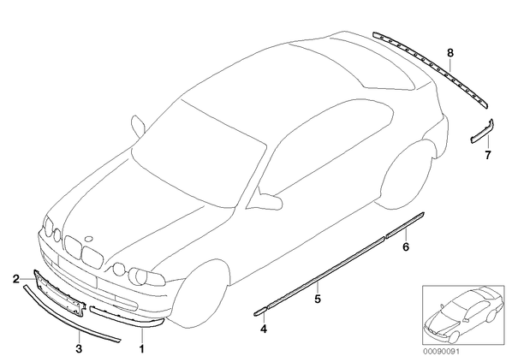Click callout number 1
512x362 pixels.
(141, 348)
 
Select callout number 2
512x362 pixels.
(16, 279)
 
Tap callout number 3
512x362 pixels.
(79, 348)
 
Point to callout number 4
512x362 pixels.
(264, 329)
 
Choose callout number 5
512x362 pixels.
(318, 299)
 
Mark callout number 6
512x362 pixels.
(406, 247)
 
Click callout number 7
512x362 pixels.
(488, 155)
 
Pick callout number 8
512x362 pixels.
(450, 52)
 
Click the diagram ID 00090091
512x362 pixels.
(441, 352)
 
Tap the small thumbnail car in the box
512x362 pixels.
(464, 314)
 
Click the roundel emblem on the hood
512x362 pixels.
(88, 238)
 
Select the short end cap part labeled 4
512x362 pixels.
(260, 312)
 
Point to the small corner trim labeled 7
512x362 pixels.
(483, 131)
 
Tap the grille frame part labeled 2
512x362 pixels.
(61, 293)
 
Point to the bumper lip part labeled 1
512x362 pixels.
(128, 317)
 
